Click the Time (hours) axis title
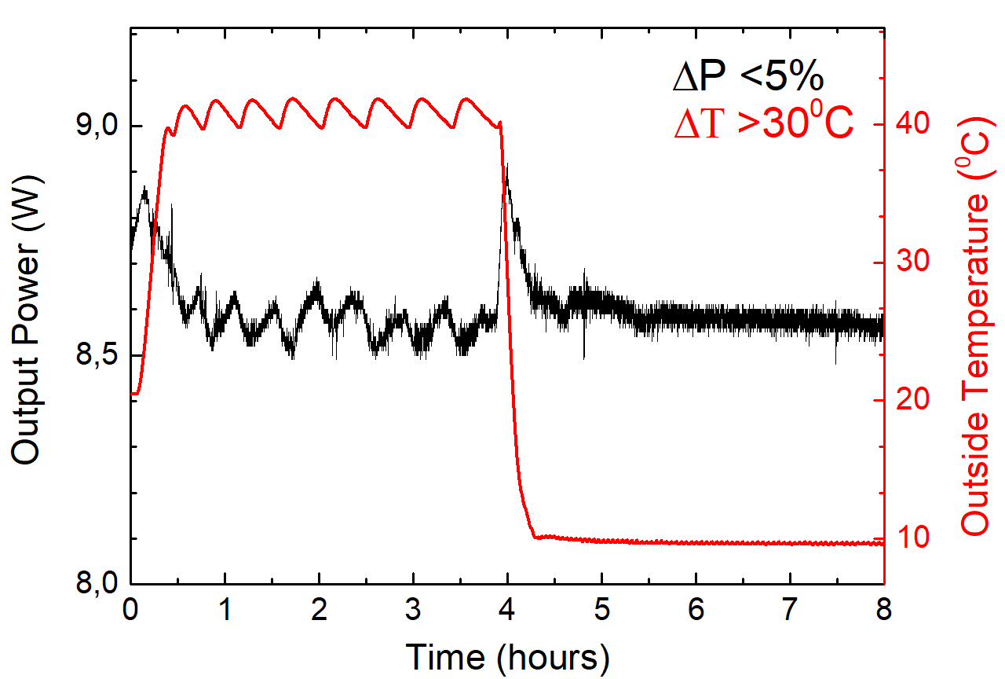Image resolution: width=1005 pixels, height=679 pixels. click(507, 655)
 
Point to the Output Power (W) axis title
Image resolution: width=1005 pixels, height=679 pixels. click(28, 318)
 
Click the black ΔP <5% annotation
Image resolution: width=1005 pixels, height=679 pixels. click(747, 78)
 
